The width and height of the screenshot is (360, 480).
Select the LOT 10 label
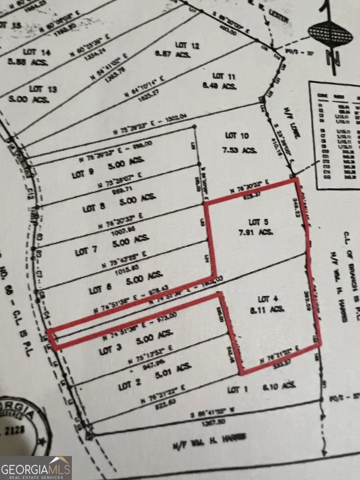click(237, 136)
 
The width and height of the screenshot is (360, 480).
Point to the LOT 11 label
click(224, 76)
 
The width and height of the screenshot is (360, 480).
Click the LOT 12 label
click(187, 45)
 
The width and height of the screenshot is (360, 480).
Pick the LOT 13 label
click(44, 89)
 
